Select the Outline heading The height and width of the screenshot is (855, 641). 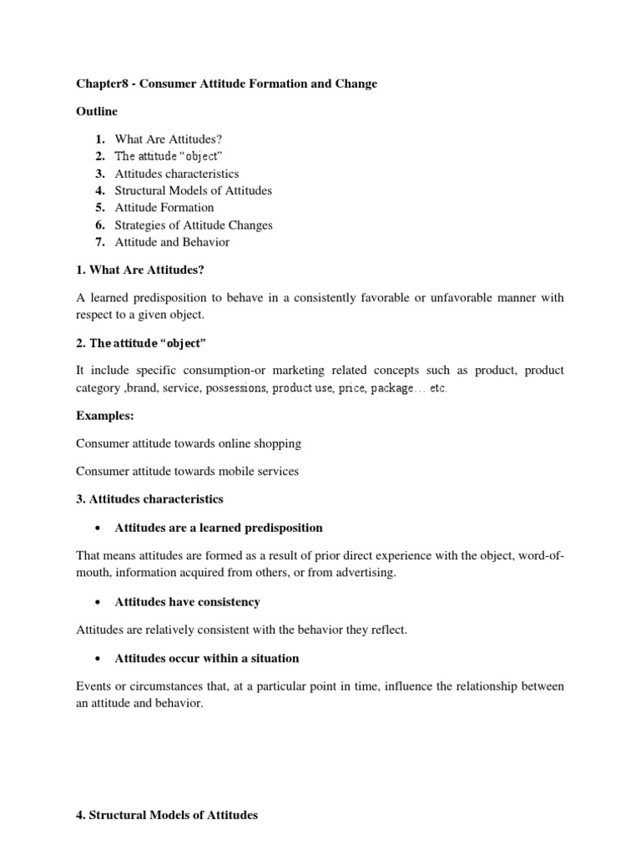point(97,111)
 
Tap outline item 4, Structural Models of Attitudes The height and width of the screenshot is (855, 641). point(193,190)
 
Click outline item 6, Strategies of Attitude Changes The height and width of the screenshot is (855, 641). point(194,225)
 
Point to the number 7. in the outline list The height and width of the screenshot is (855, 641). point(99,242)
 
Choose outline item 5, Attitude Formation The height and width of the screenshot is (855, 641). point(164,207)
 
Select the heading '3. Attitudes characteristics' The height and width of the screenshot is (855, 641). point(149,498)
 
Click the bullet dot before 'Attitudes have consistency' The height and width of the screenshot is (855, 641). point(99,602)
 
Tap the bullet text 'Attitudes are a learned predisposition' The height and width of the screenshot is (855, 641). point(218,528)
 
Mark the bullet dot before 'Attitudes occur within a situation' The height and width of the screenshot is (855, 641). point(99,659)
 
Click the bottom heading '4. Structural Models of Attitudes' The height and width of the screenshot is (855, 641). point(167,815)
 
